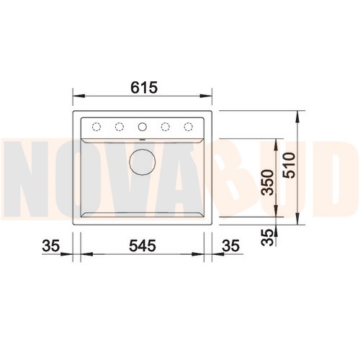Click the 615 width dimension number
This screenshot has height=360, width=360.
[x=144, y=87]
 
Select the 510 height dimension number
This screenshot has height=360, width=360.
[x=289, y=166]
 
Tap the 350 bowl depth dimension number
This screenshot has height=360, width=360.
[x=268, y=182]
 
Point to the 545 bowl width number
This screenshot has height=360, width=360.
[x=143, y=246]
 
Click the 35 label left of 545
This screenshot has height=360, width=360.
[x=50, y=246]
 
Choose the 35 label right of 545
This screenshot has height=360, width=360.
[x=230, y=246]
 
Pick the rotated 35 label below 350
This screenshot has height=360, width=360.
[x=267, y=238]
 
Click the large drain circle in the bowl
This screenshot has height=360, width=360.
[x=143, y=162]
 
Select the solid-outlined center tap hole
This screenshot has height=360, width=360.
[x=143, y=127]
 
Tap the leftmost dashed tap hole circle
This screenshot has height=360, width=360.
[x=96, y=127]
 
